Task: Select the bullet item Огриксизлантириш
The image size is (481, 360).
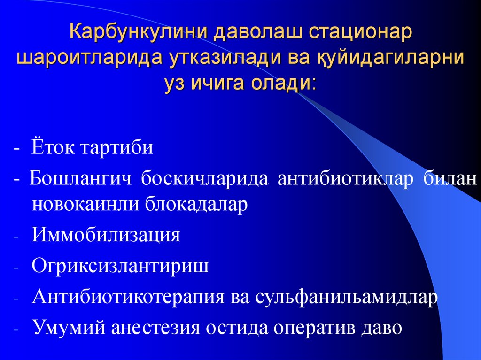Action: [x=120, y=266]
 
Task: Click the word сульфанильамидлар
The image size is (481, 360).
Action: [x=348, y=297]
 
